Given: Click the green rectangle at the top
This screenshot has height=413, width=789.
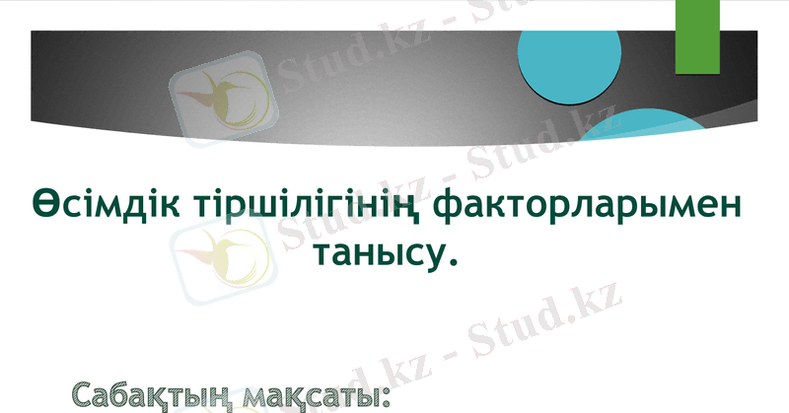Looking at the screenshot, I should [698, 35].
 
